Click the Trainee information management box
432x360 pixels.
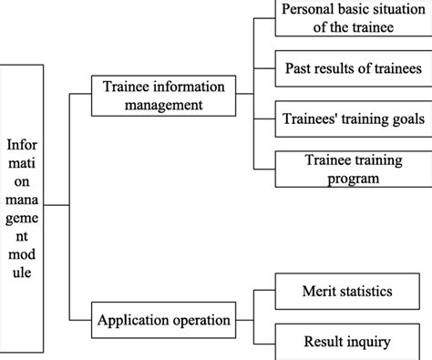click(164, 96)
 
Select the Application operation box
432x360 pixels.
click(164, 321)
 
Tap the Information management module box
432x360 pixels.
click(22, 210)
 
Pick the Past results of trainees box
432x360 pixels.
click(353, 68)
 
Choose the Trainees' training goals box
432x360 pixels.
click(353, 118)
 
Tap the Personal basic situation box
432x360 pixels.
click(353, 18)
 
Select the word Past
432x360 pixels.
click(301, 68)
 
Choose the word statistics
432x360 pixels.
click(369, 292)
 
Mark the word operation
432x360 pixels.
click(203, 322)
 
